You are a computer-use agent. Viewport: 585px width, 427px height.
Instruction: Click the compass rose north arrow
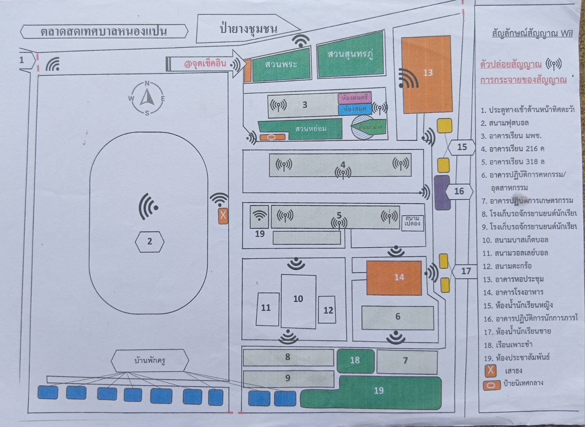pyautogui.click(x=147, y=98)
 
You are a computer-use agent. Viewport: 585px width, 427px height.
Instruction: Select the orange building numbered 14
pyautogui.click(x=394, y=277)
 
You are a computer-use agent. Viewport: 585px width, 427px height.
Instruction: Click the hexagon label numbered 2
pyautogui.click(x=149, y=241)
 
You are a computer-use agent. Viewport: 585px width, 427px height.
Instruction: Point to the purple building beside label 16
pyautogui.click(x=442, y=192)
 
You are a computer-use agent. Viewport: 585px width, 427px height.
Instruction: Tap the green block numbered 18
pyautogui.click(x=355, y=361)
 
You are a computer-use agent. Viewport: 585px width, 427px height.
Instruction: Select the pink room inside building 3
pyautogui.click(x=354, y=98)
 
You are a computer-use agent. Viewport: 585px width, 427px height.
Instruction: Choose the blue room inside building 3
pyautogui.click(x=355, y=109)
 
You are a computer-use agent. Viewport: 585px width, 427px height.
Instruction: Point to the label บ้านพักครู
pyautogui.click(x=150, y=360)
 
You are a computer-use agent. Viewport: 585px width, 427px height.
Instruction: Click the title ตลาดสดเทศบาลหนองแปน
pyautogui.click(x=104, y=32)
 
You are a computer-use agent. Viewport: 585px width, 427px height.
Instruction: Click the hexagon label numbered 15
pyautogui.click(x=461, y=147)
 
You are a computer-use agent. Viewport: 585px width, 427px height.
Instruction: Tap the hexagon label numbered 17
pyautogui.click(x=465, y=271)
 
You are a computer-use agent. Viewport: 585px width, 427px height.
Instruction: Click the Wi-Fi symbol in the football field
pyautogui.click(x=148, y=206)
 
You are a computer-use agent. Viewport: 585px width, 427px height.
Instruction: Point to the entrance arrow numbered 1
pyautogui.click(x=26, y=60)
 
